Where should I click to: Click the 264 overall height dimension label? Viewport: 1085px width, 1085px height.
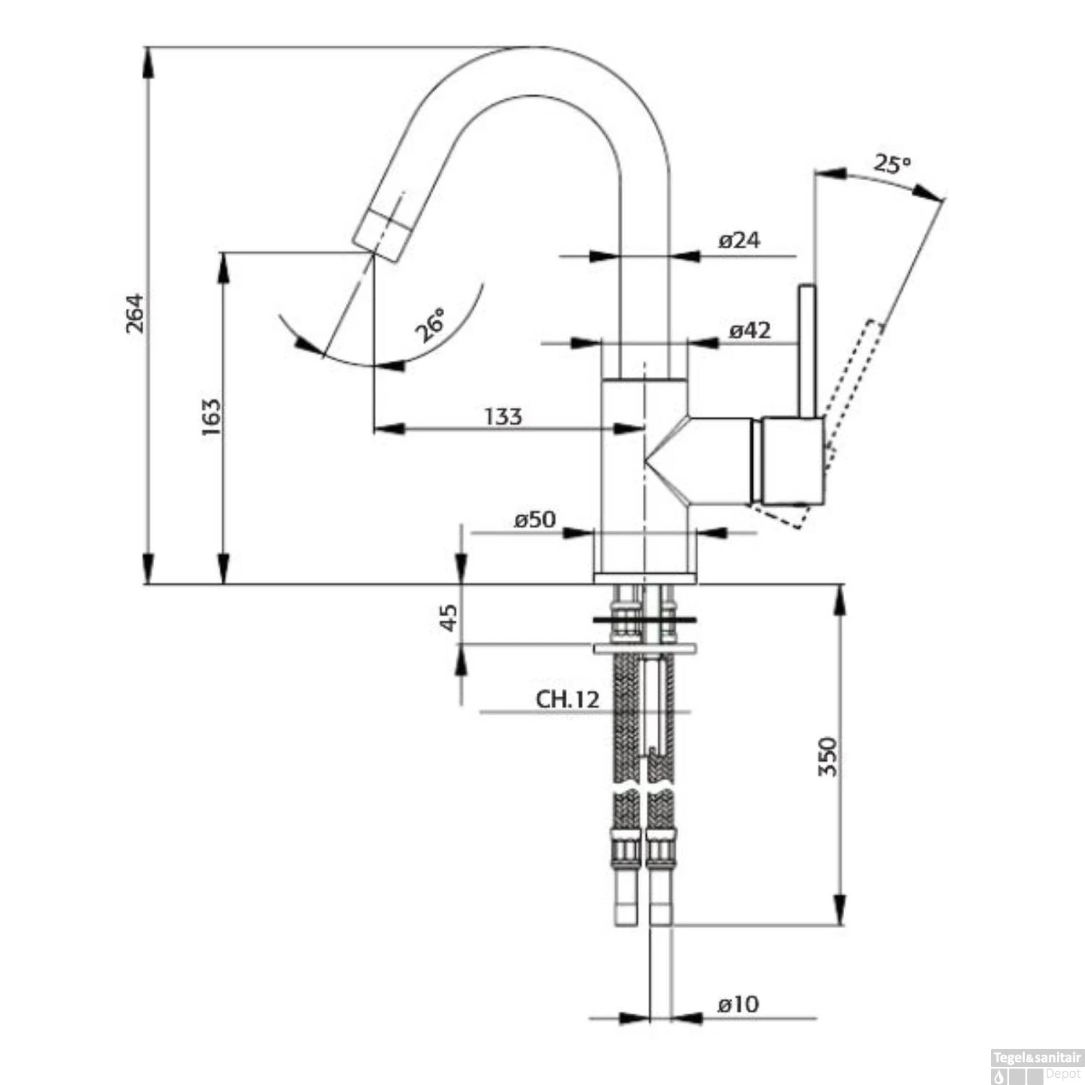(x=135, y=312)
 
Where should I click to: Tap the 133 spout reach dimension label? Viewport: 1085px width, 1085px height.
(x=503, y=417)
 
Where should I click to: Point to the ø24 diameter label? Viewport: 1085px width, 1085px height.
(x=739, y=239)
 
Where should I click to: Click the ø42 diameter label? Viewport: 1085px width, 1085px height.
(x=749, y=331)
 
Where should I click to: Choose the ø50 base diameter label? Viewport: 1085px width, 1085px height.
(x=535, y=519)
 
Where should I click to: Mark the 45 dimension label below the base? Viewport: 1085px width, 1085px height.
(x=449, y=618)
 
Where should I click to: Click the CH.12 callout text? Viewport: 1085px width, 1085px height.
(x=568, y=699)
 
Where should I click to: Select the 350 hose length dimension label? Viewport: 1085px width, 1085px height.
(x=827, y=757)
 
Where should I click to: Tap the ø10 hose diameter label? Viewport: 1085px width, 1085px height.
(x=738, y=1004)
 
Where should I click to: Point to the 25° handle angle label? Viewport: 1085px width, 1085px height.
(x=891, y=164)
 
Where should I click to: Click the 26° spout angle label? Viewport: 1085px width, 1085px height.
(x=431, y=325)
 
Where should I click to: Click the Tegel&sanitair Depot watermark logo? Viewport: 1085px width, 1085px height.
(x=1036, y=1066)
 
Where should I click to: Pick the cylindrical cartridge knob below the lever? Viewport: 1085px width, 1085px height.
(x=792, y=461)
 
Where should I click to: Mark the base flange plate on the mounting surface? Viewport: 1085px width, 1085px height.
(x=644, y=577)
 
